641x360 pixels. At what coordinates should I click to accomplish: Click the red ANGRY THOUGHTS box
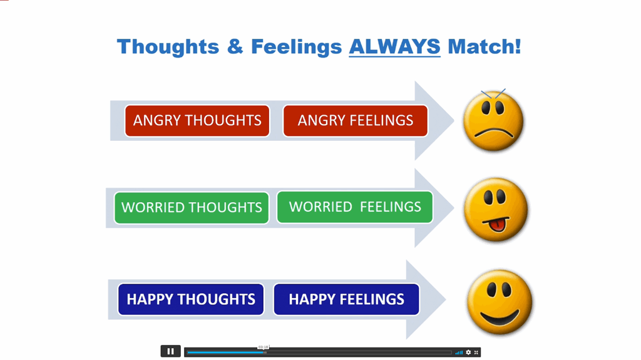(197, 121)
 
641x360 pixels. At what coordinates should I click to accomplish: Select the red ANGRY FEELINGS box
(356, 121)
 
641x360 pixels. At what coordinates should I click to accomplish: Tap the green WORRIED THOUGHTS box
(192, 208)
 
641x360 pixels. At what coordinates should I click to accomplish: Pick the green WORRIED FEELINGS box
(355, 207)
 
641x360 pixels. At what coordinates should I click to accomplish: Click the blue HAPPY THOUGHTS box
(191, 299)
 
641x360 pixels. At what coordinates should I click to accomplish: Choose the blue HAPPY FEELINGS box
(346, 299)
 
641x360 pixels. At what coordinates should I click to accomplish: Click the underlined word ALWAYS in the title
(394, 46)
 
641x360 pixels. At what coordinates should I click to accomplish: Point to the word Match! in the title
(485, 46)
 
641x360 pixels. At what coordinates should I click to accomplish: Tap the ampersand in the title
(235, 46)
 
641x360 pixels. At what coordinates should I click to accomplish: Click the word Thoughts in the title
(168, 47)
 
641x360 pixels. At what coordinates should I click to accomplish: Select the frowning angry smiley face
(493, 121)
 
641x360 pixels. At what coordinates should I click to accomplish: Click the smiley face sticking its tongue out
(496, 209)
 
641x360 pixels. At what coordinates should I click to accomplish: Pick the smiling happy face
(500, 302)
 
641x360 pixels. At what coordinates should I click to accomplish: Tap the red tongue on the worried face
(497, 225)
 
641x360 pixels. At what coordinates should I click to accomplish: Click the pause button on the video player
(170, 351)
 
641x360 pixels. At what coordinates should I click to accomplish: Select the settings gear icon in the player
(468, 352)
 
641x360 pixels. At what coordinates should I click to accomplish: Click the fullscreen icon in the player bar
(476, 352)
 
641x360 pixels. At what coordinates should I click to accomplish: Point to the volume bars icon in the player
(459, 352)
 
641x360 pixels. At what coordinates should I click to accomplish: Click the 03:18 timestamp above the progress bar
(264, 347)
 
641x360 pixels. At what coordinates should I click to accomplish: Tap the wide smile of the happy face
(500, 317)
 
